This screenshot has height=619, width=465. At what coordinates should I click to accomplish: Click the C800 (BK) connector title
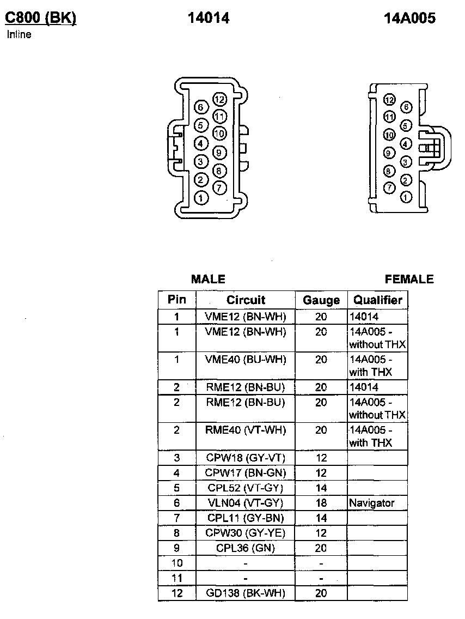coord(40,18)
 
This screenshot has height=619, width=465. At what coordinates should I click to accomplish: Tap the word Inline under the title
coord(19,35)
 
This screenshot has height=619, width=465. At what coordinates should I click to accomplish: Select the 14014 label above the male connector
coord(209,18)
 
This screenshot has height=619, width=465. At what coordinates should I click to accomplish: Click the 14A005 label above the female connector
coord(409,18)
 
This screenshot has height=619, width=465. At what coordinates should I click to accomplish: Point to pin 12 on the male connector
coord(219,99)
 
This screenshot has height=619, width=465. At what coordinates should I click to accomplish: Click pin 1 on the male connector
coord(201,198)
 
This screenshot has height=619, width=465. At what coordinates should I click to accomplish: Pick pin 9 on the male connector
coord(219,153)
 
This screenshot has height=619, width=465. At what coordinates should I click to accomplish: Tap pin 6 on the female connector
coord(406,108)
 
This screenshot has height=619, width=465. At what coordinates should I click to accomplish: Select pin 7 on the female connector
coord(389,188)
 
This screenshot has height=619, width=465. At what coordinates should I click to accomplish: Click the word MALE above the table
coord(208,280)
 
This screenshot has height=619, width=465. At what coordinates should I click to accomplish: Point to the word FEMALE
coord(409,280)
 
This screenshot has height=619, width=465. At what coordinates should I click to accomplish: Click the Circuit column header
coord(246,300)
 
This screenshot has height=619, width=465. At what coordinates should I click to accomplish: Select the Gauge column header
coord(321,300)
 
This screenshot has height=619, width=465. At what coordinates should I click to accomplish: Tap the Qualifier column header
coord(377,300)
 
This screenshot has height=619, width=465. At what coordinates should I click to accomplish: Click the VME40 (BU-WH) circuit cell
coord(246,360)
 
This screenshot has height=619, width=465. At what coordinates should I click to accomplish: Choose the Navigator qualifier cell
coord(372,503)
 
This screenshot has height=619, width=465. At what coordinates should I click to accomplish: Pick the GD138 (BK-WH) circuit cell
coord(246,593)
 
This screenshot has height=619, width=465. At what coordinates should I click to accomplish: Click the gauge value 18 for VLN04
coord(321,503)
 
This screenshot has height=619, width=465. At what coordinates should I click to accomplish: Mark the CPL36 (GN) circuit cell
coord(246,548)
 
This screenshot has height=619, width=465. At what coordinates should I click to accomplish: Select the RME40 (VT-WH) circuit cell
coord(246,430)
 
